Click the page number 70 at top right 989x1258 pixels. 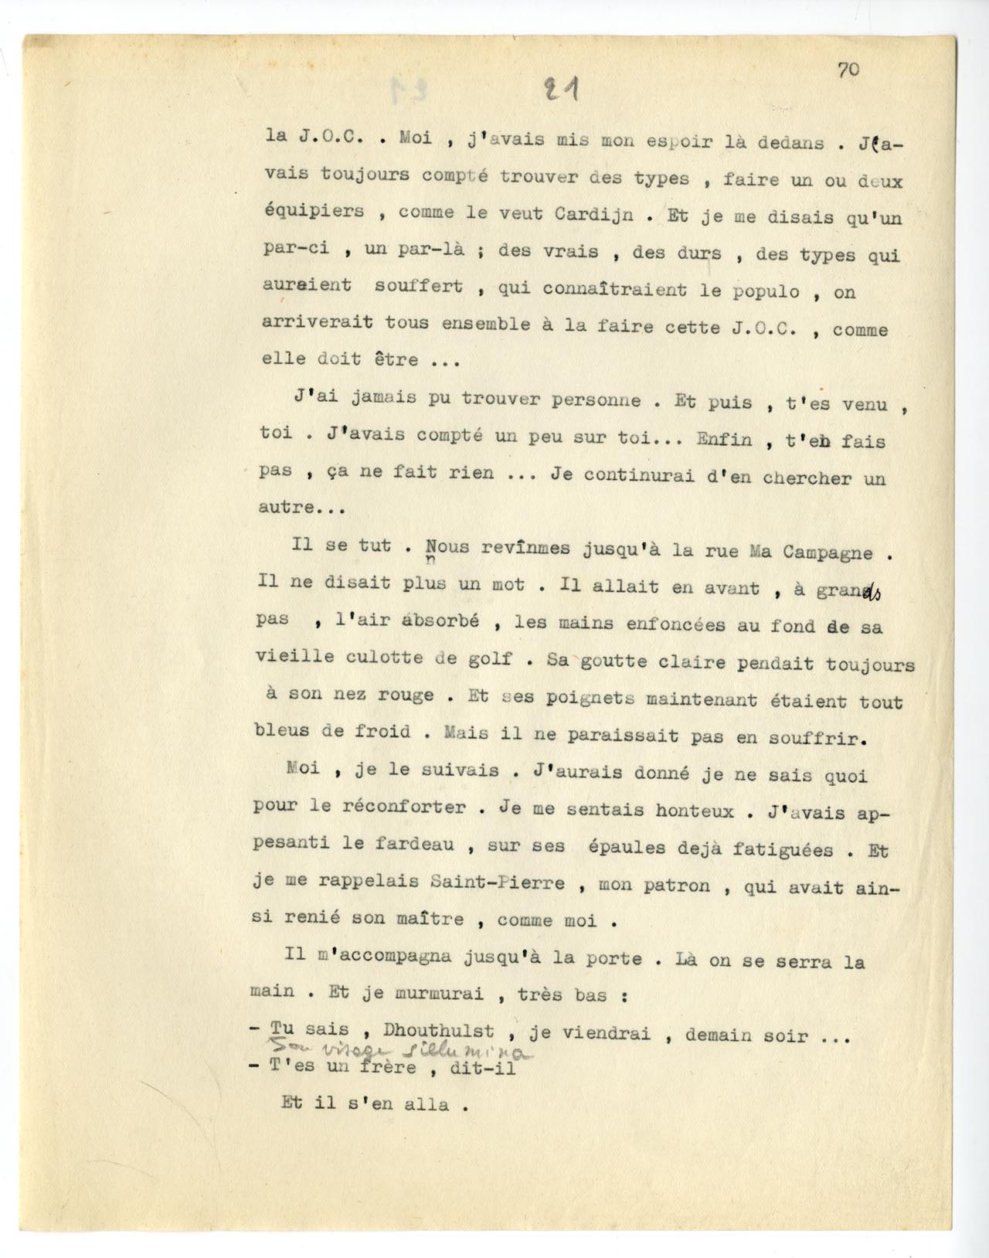tap(848, 70)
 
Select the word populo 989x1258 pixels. tap(773, 291)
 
